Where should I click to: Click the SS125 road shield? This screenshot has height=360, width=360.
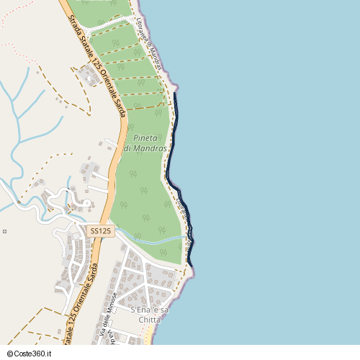[101, 230]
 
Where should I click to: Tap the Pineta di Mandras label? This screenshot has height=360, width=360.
[145, 143]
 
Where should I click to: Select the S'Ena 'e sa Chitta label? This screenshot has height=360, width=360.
[150, 314]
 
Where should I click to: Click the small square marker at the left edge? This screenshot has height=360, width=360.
[4, 231]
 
